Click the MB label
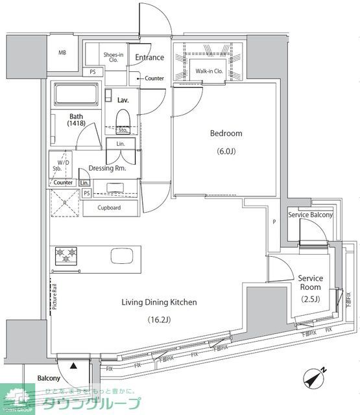pyautogui.click(x=63, y=53)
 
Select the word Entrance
pyautogui.click(x=149, y=58)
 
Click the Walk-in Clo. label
pyautogui.click(x=209, y=71)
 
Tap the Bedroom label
pyautogui.click(x=226, y=134)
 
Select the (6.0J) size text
pyautogui.click(x=226, y=152)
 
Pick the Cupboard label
pyautogui.click(x=109, y=208)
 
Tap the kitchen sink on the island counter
pyautogui.click(x=122, y=255)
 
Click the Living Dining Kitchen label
pyautogui.click(x=160, y=302)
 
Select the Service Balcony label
pyautogui.click(x=311, y=215)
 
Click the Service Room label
pyautogui.click(x=310, y=283)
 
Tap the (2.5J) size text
pyautogui.click(x=310, y=299)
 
